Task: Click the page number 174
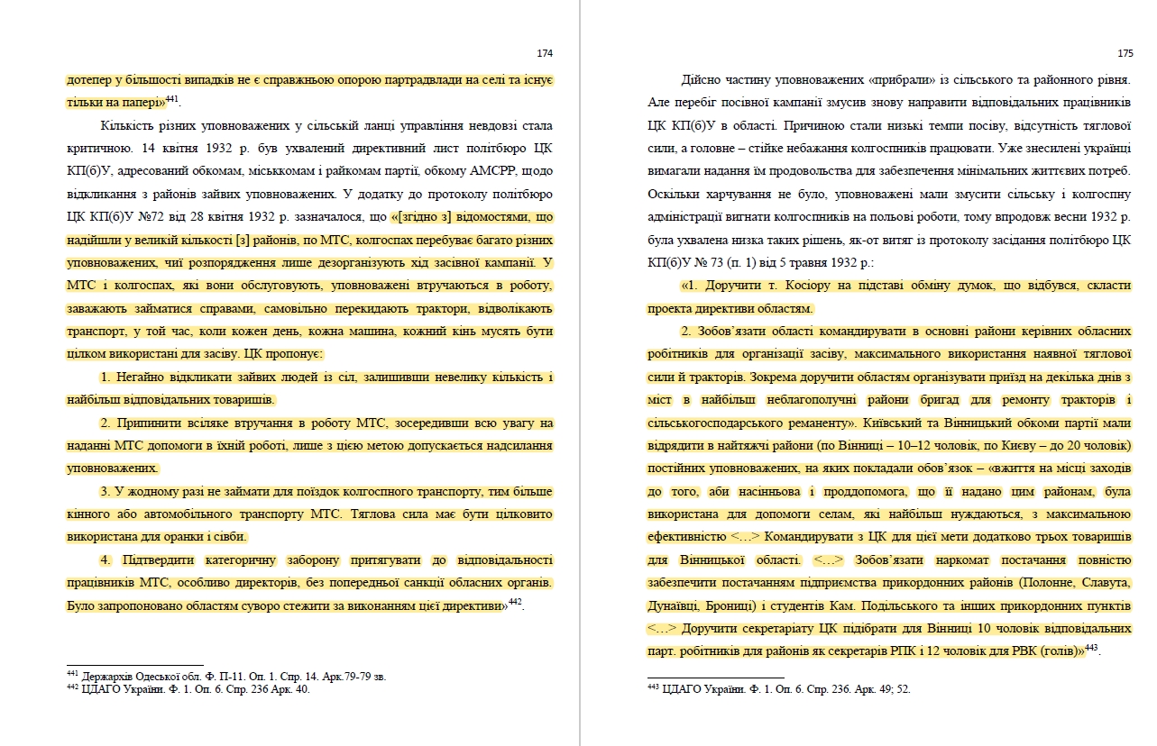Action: [x=544, y=53]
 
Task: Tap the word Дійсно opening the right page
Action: [x=699, y=79]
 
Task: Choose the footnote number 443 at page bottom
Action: [x=653, y=687]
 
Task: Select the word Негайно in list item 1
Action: [x=138, y=377]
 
